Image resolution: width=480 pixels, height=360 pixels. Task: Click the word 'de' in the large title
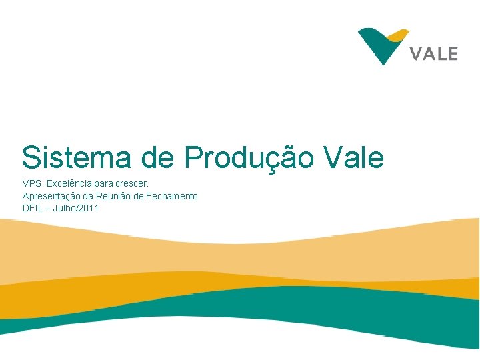159,158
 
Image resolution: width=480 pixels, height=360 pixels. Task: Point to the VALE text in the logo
434,53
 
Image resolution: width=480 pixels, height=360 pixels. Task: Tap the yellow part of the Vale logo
398,35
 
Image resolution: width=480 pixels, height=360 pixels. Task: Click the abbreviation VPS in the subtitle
31,183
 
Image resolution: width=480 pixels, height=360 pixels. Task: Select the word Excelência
69,183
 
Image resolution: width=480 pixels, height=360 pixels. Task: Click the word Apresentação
53,195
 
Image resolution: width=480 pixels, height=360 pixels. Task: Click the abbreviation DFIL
32,208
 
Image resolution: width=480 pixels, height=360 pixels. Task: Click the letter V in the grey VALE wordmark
417,53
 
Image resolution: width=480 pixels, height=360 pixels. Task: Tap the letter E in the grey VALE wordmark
452,53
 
